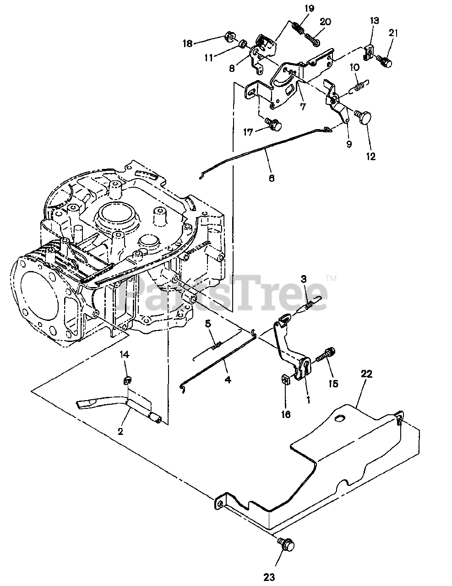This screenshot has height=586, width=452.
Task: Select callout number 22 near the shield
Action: (367, 374)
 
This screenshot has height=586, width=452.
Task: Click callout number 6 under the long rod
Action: (271, 178)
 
